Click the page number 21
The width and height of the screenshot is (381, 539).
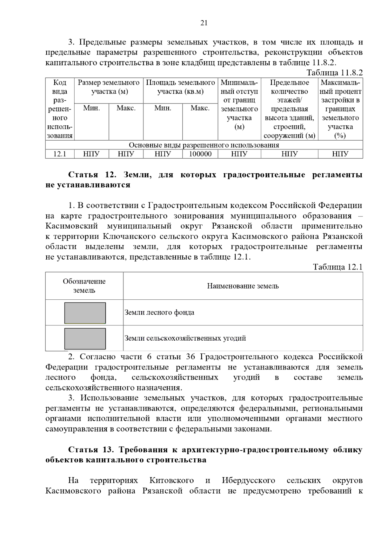click(204, 23)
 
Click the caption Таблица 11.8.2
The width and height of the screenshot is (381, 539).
click(334, 73)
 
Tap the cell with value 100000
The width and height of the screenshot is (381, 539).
click(200, 154)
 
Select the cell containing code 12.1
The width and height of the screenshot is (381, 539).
click(60, 154)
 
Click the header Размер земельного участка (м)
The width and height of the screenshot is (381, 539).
click(109, 87)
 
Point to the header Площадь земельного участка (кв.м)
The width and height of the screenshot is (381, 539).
click(180, 87)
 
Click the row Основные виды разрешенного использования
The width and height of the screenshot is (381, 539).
click(204, 145)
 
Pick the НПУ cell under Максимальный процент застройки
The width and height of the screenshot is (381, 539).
click(340, 154)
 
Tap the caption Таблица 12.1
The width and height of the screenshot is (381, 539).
click(338, 267)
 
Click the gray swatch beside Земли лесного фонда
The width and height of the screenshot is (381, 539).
click(85, 313)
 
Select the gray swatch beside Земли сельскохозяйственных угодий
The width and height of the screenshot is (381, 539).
click(85, 339)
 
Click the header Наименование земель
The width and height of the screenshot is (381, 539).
click(243, 286)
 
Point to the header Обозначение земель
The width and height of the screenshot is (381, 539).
click(84, 286)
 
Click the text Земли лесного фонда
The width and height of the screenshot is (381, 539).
click(159, 312)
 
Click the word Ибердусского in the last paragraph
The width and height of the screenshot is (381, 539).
click(248, 480)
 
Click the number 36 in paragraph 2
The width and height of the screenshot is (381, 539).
click(190, 357)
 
